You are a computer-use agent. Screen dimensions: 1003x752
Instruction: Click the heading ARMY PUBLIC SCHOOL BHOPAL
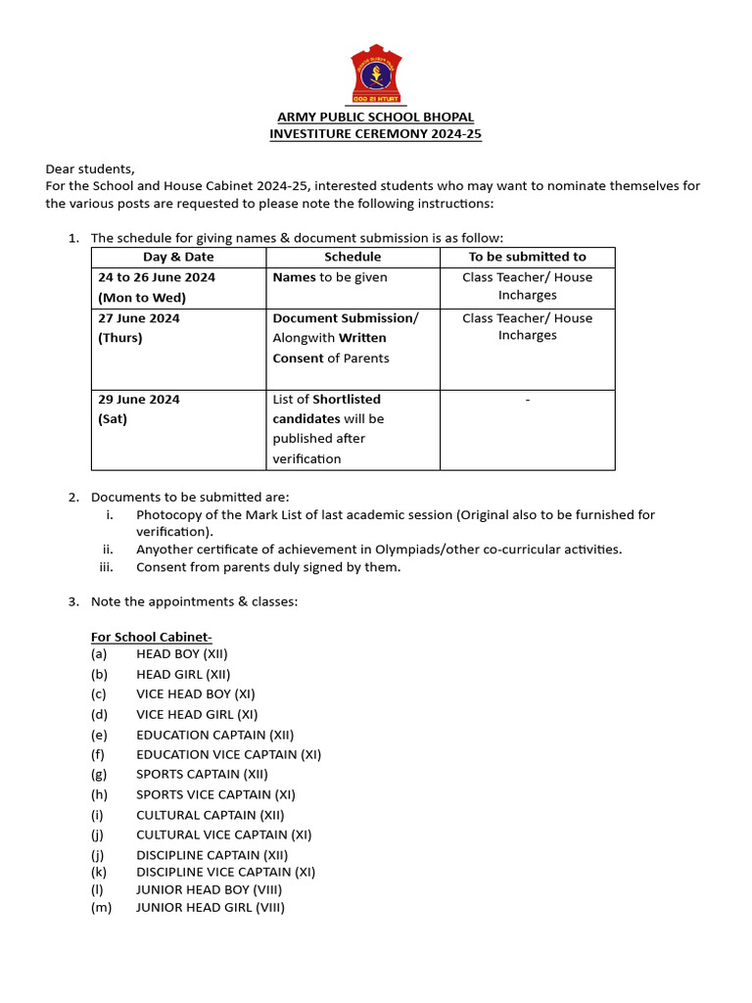click(376, 118)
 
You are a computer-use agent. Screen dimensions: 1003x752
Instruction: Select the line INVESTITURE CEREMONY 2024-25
click(376, 134)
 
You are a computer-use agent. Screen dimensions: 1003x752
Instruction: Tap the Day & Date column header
click(178, 257)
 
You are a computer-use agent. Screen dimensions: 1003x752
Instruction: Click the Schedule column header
click(352, 257)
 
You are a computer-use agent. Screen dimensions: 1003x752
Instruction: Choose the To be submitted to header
click(527, 257)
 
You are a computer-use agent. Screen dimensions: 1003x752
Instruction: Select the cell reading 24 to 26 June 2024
click(157, 277)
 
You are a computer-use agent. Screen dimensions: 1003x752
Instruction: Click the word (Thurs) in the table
click(119, 338)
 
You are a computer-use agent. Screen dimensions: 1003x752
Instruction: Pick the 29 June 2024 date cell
click(138, 399)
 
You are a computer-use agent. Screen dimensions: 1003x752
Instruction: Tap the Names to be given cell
click(330, 277)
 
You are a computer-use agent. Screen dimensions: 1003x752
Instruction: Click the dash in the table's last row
click(527, 400)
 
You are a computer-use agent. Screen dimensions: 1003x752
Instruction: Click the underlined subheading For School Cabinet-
click(145, 637)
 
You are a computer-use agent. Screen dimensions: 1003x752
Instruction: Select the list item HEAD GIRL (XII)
click(183, 674)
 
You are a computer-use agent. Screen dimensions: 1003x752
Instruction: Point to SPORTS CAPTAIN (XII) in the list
click(202, 774)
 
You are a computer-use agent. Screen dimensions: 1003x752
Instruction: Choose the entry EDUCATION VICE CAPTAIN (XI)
click(228, 754)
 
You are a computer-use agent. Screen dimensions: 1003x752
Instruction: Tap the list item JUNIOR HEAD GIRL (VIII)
click(211, 908)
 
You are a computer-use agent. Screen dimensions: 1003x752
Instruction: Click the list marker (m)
click(102, 908)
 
